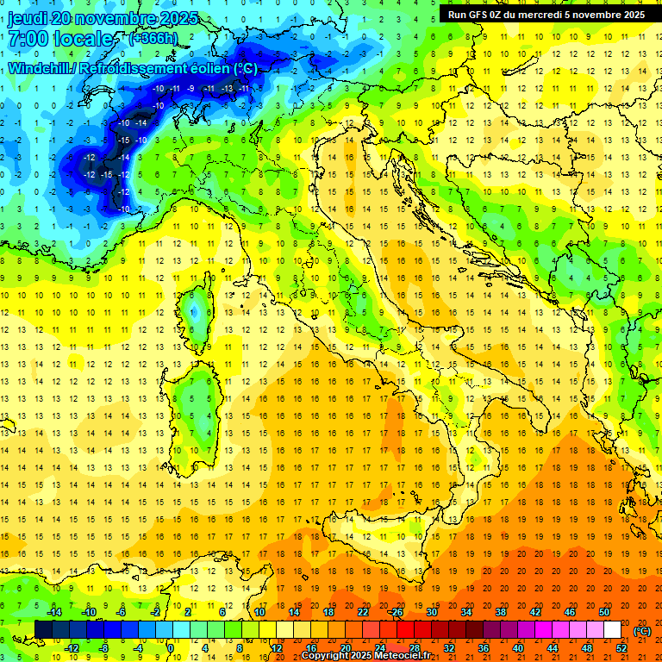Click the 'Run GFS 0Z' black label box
[546, 14]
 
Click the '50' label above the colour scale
[603, 612]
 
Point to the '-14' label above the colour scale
[55, 612]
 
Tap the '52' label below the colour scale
[621, 648]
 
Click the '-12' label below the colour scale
[72, 648]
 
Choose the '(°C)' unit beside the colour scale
[642, 631]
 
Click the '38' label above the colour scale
[500, 612]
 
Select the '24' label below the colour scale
[380, 648]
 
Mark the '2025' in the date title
[178, 18]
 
